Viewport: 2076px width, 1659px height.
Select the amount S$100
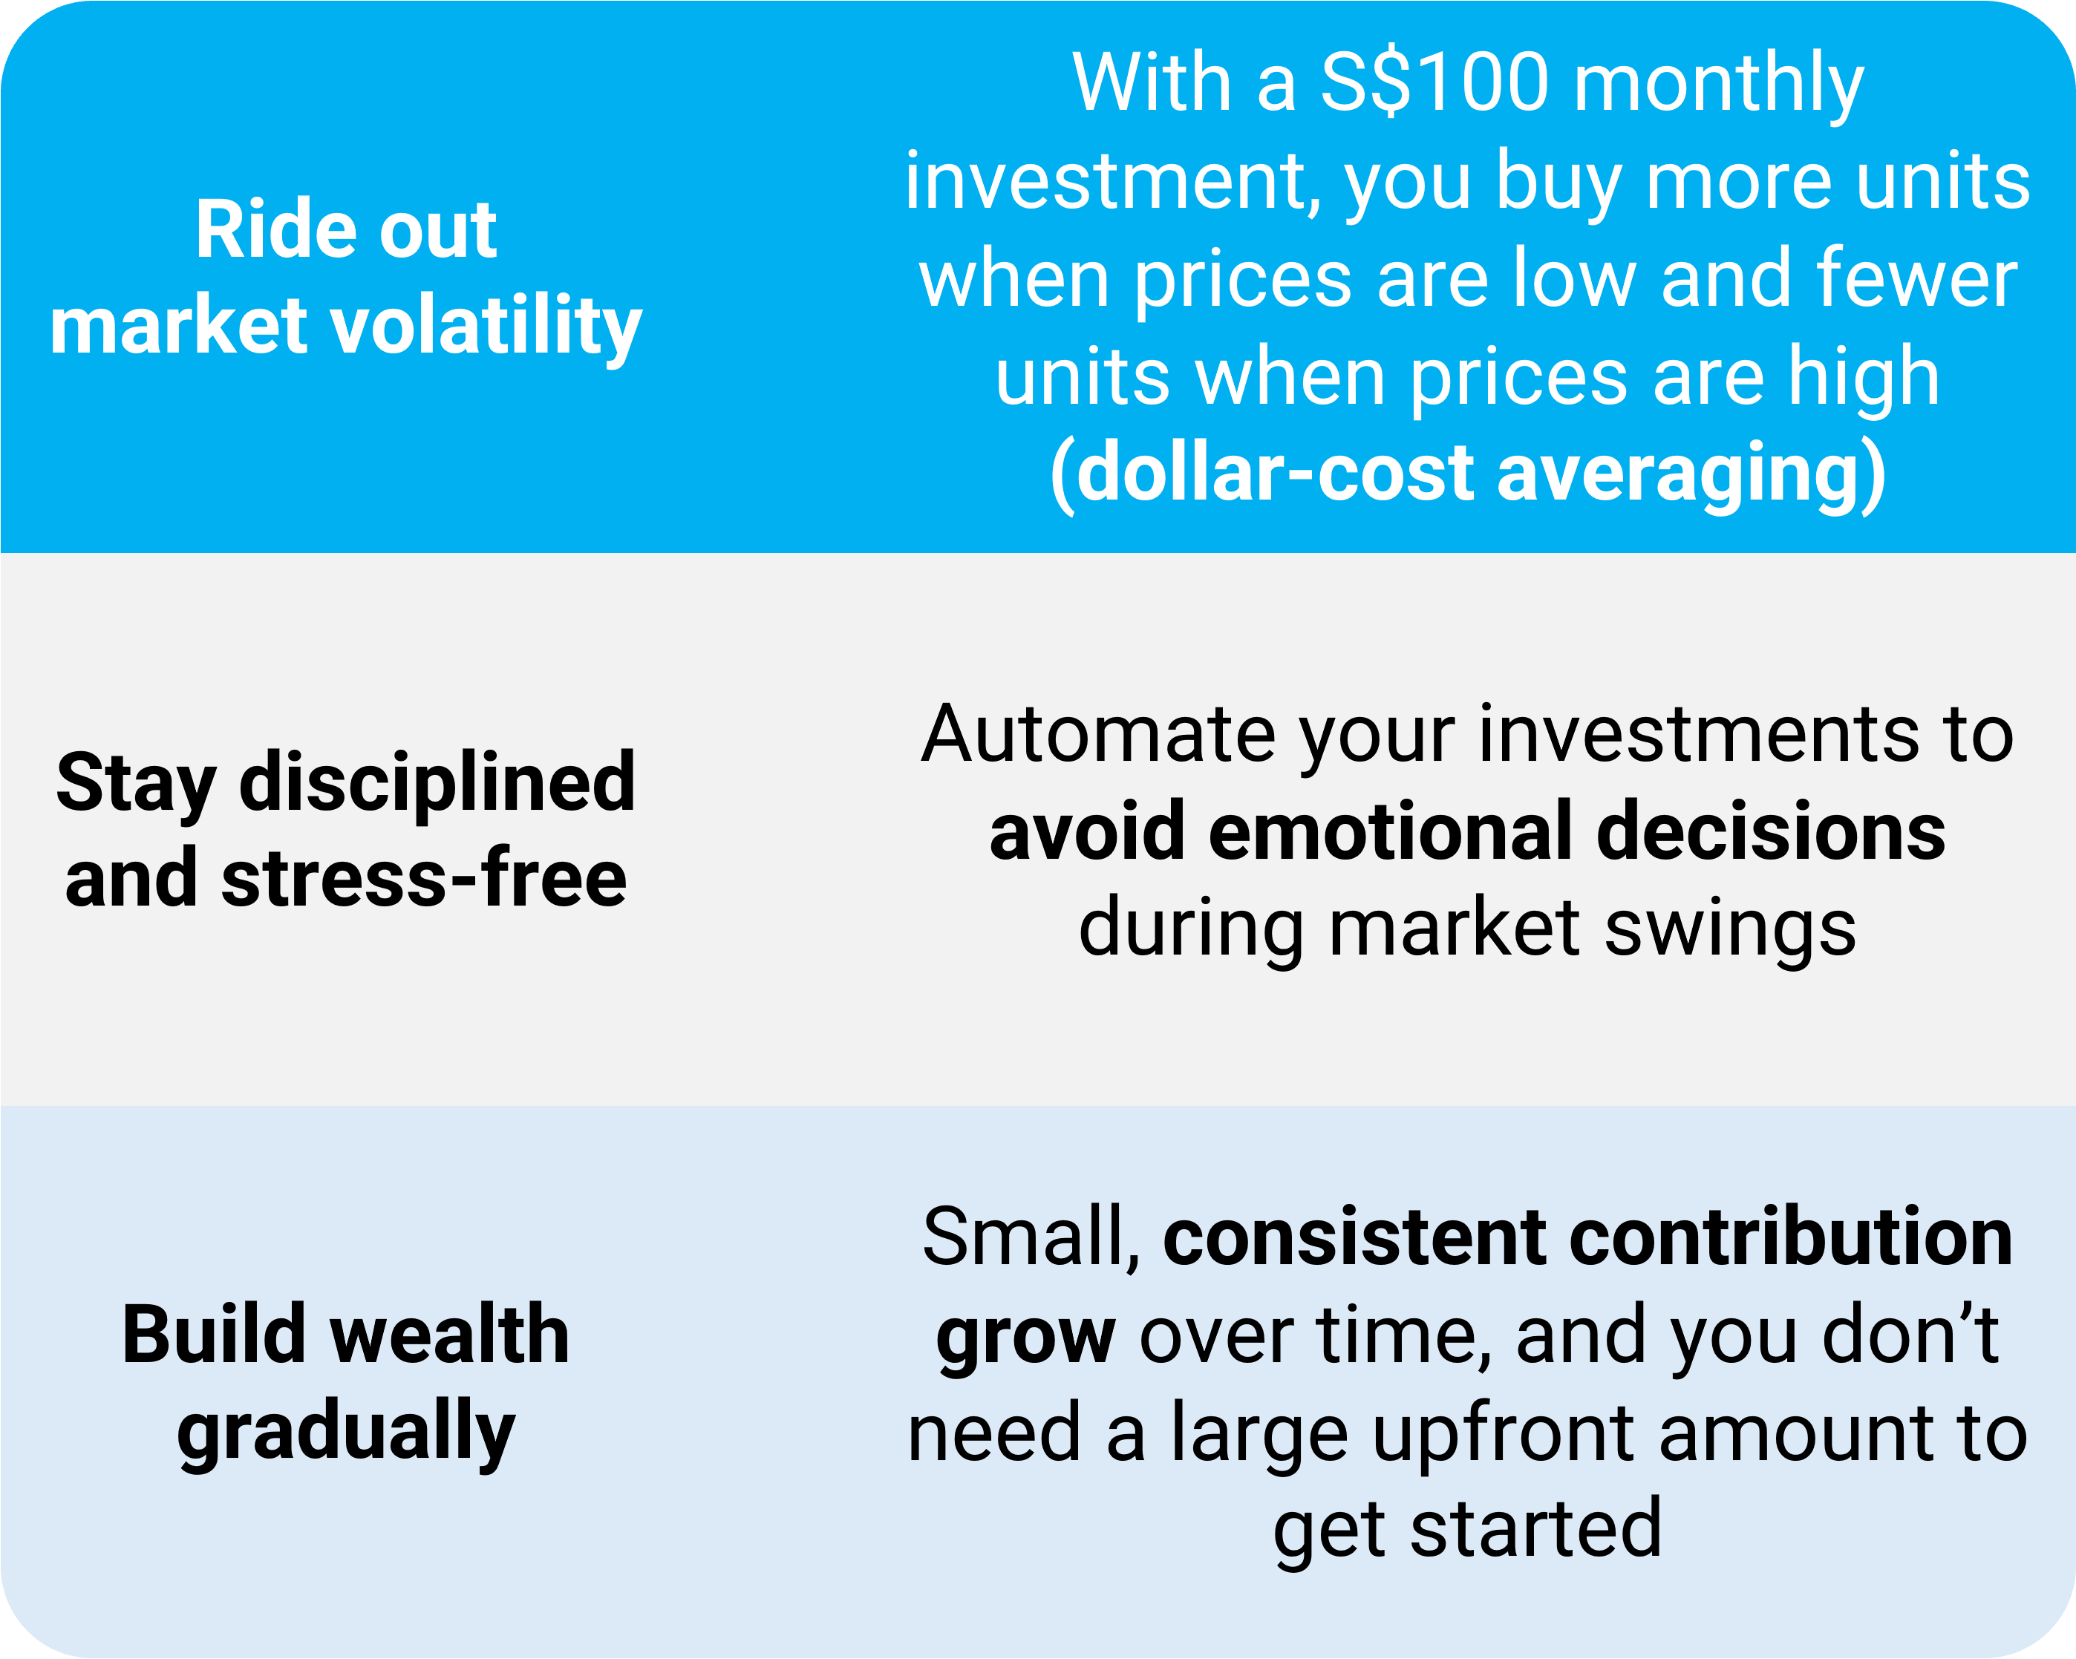[x=1434, y=83]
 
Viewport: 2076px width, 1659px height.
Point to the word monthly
[x=1719, y=87]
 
